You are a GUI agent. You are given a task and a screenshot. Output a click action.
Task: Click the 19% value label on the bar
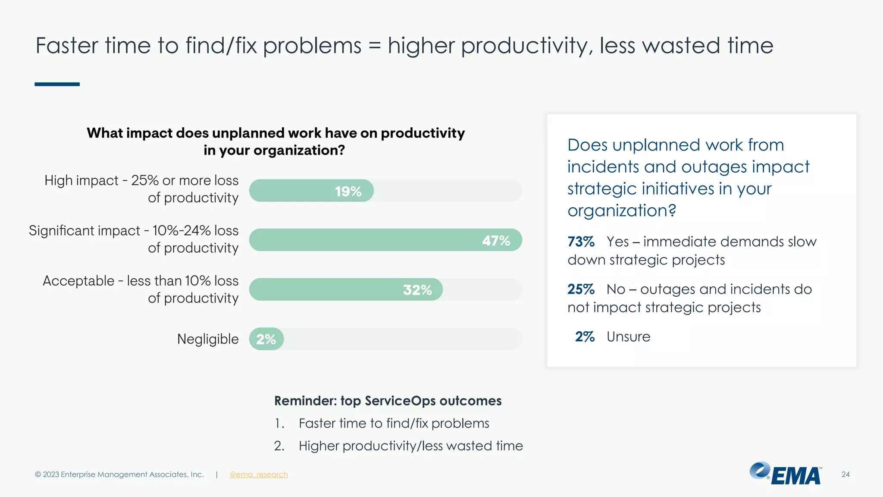(x=348, y=191)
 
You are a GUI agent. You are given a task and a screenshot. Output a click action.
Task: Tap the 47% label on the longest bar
(x=496, y=240)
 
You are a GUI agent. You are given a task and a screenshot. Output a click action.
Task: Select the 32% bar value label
(x=417, y=289)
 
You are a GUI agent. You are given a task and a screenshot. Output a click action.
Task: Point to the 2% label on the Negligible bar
(x=266, y=339)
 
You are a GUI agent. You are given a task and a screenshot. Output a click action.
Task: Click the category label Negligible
(x=208, y=339)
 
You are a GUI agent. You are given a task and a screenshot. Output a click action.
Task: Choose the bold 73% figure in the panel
(x=581, y=242)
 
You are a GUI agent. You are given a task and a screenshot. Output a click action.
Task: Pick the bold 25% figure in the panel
(x=581, y=289)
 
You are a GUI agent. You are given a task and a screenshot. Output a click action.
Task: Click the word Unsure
(x=628, y=337)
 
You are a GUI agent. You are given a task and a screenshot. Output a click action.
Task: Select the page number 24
(x=845, y=475)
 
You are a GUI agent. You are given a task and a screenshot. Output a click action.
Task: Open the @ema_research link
(x=258, y=475)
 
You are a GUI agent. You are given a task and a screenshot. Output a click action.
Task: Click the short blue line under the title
(x=57, y=84)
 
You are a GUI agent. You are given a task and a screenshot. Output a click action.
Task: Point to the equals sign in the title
(x=374, y=46)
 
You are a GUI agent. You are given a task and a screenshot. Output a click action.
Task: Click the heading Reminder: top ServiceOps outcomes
(x=388, y=401)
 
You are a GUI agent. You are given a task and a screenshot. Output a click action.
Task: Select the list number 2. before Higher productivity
(x=279, y=446)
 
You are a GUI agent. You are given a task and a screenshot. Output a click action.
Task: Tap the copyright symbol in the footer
(x=38, y=475)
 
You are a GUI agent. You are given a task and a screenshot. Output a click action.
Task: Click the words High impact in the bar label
(x=81, y=180)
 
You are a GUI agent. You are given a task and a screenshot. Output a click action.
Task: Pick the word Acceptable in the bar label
(x=78, y=281)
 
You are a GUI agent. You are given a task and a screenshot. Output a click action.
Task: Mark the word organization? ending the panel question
(x=621, y=211)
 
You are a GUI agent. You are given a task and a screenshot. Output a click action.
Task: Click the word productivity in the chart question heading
(x=423, y=133)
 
